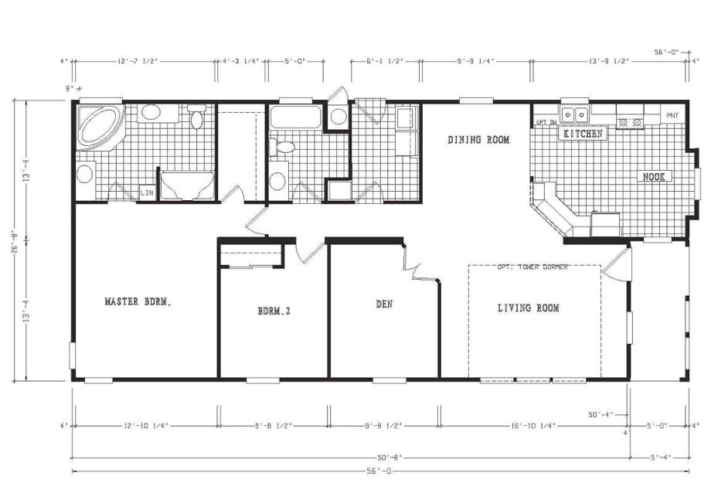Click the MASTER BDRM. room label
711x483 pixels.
tap(138, 302)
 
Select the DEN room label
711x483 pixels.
tap(384, 304)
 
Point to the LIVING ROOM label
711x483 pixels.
tap(528, 308)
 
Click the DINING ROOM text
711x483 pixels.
tap(478, 140)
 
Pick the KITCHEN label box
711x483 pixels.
tap(583, 134)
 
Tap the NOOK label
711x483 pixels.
tap(654, 177)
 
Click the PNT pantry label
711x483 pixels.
tap(672, 114)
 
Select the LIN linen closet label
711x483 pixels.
tap(146, 192)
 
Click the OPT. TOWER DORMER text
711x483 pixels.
tap(533, 267)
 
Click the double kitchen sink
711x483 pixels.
tap(574, 115)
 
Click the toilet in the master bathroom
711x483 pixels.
tap(196, 118)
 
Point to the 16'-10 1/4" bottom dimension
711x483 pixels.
tap(532, 425)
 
